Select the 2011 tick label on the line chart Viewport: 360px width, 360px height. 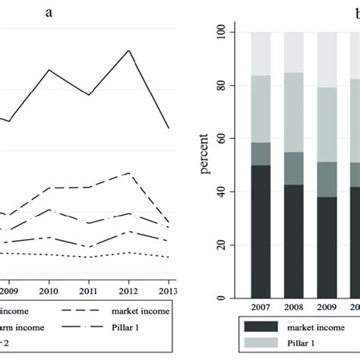click(x=90, y=289)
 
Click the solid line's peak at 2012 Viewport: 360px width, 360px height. click(x=130, y=50)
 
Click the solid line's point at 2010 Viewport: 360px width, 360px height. click(x=49, y=70)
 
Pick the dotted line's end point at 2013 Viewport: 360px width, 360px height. click(x=169, y=257)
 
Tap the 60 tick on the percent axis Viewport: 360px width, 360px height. click(x=223, y=139)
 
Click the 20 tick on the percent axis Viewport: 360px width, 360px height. click(x=223, y=245)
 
